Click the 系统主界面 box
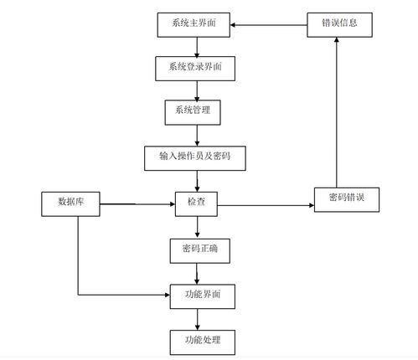pos(194,25)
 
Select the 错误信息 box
pos(339,25)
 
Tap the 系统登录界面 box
pos(195,69)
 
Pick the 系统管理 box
pos(193,112)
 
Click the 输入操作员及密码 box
pos(195,158)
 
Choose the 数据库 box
pos(70,204)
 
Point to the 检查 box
pos(196,204)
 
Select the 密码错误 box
pos(347,200)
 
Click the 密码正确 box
pos(200,251)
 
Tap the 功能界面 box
pos(203,296)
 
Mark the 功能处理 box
pos(203,342)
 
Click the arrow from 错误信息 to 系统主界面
pos(269,25)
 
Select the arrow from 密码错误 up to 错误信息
pos(337,112)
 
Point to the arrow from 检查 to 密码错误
pos(266,205)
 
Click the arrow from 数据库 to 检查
pos(137,204)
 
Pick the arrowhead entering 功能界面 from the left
pos(168,295)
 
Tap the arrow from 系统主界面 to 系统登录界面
pos(197,47)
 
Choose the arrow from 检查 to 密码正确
pos(197,228)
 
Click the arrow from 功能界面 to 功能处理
pos(197,320)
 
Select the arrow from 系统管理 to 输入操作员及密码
pos(197,136)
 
